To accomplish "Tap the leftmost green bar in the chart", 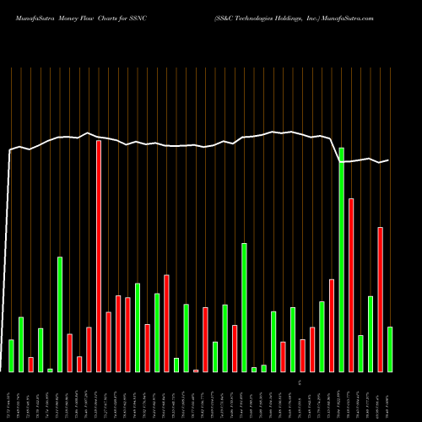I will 11,355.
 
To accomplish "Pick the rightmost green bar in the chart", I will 390,349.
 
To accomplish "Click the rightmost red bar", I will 381,300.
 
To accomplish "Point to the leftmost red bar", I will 30,365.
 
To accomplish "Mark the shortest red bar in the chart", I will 196,371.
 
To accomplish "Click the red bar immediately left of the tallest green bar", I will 332,325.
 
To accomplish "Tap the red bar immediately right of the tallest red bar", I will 109,342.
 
